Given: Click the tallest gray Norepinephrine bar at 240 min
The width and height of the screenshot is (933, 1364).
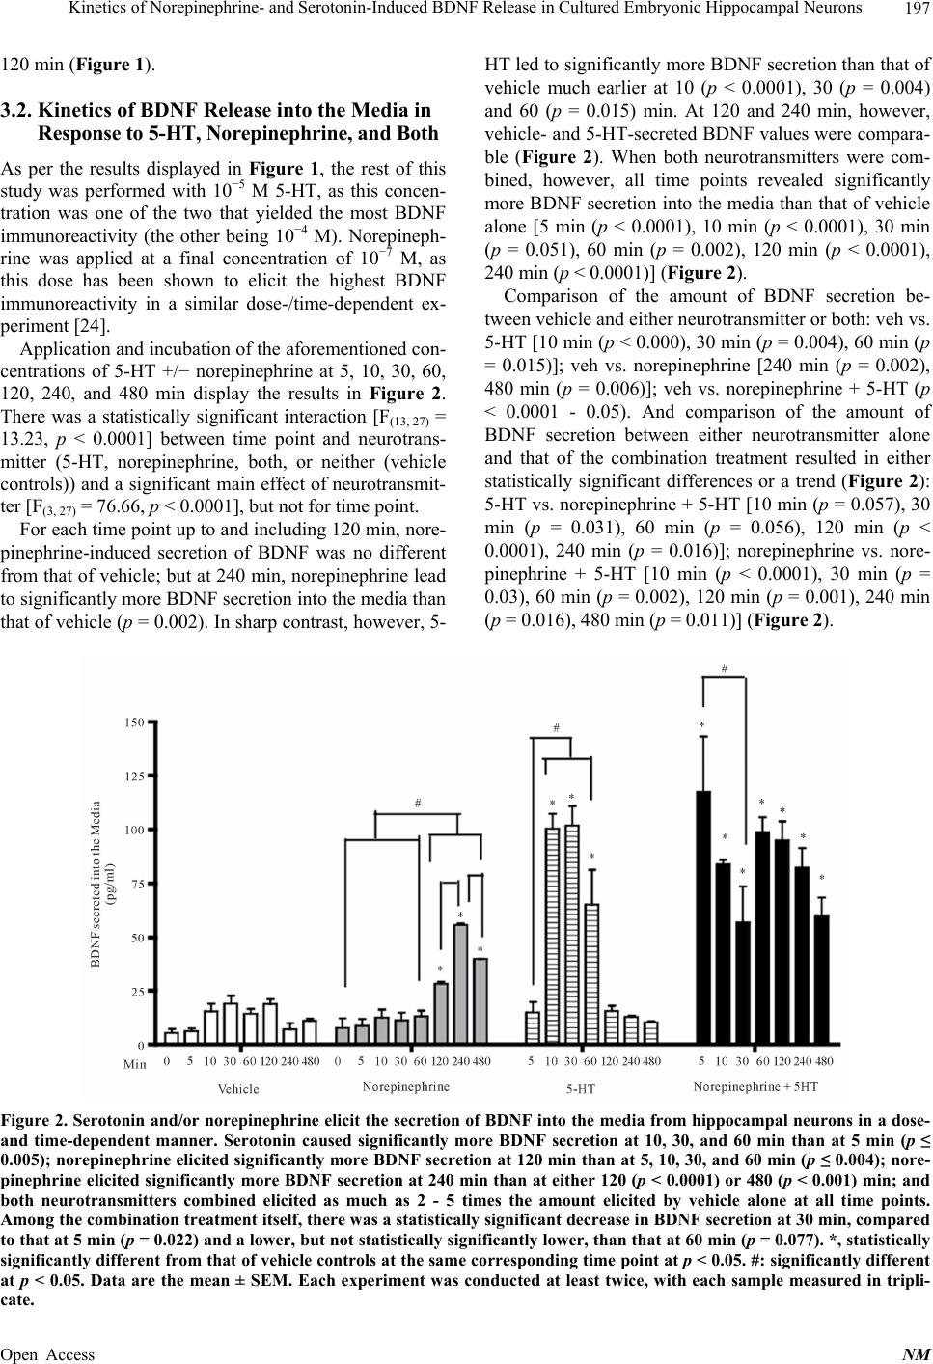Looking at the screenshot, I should (460, 984).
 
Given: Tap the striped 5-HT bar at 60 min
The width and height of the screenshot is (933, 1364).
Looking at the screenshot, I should (592, 974).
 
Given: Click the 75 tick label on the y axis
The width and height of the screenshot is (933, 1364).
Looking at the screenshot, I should (138, 883).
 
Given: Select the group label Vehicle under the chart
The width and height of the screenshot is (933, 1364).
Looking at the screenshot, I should (238, 1089).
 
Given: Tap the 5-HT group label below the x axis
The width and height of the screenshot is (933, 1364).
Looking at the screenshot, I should (581, 1089).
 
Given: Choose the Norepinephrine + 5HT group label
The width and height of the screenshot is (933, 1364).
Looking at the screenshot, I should (755, 1086).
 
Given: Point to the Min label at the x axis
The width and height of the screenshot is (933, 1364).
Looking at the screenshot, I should (135, 1064).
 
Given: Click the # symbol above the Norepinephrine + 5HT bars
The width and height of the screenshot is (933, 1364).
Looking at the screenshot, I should (724, 668).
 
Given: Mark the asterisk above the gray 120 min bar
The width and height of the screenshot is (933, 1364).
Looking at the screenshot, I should (440, 969).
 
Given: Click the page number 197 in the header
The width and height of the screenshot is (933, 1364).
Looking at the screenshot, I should (912, 11).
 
